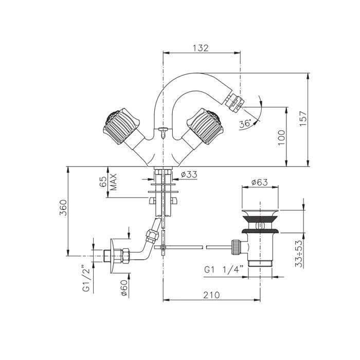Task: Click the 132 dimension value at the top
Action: point(201,48)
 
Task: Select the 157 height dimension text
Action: point(303,118)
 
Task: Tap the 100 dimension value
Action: point(281,137)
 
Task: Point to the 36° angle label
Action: point(245,124)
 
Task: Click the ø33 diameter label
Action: point(189,175)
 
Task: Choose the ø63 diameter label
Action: point(259,182)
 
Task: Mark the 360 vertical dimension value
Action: point(63,208)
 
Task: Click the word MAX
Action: point(114,182)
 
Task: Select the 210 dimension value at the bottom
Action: point(211,295)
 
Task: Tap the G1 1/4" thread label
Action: point(223,269)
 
